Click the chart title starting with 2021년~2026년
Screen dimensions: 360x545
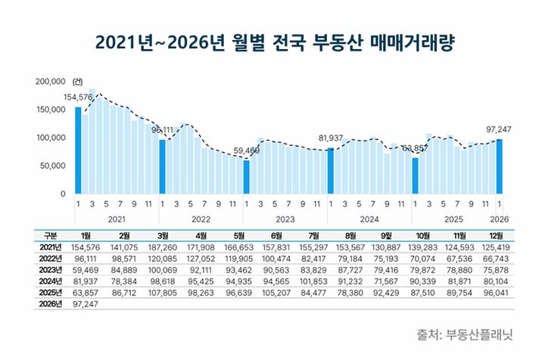(x=272, y=42)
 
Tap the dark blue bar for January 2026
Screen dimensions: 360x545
(x=499, y=166)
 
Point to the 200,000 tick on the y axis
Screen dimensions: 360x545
(x=50, y=81)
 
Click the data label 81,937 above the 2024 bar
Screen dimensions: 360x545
(x=331, y=138)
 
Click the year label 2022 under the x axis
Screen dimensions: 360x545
(x=201, y=219)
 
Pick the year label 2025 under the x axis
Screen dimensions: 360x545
(x=453, y=219)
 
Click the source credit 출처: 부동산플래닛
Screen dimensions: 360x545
(x=464, y=334)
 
